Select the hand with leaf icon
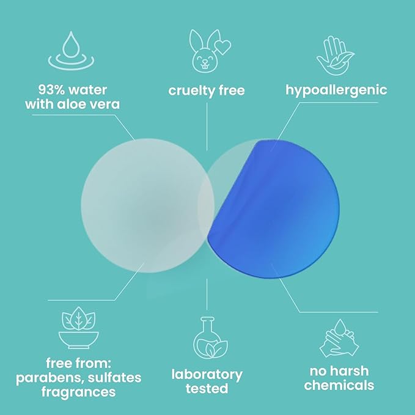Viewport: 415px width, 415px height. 336,54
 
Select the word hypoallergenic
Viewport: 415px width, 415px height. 336,90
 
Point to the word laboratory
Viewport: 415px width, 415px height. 207,374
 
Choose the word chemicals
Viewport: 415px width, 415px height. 339,386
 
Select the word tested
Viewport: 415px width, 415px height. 207,389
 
